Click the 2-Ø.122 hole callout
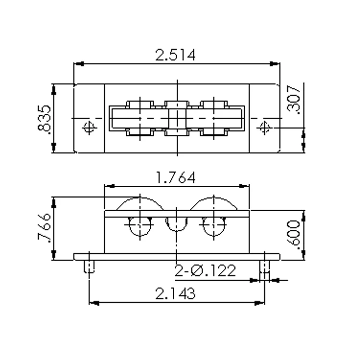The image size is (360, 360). [x=205, y=271]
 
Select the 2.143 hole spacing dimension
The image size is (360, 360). [x=176, y=293]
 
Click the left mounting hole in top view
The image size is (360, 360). [x=88, y=127]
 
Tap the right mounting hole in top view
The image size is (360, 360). [x=264, y=127]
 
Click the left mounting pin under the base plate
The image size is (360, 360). [x=89, y=266]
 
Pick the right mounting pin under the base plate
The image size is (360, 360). [x=264, y=267]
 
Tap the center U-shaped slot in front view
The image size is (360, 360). [x=177, y=224]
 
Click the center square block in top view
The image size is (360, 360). [x=177, y=118]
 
